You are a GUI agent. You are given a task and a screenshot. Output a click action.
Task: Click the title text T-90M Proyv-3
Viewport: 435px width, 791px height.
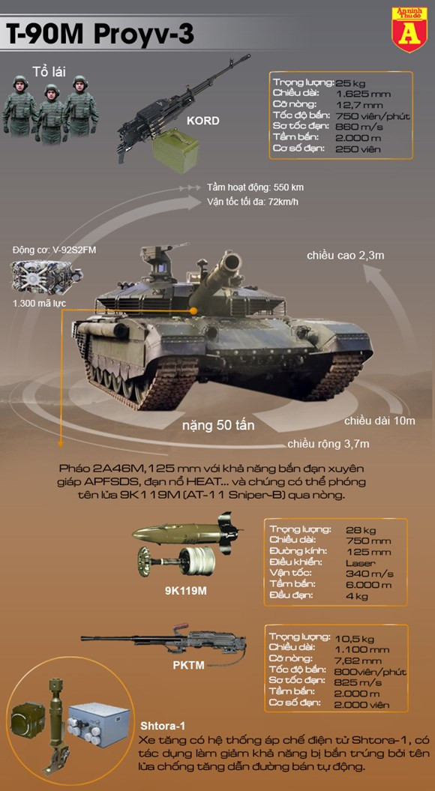click(100, 36)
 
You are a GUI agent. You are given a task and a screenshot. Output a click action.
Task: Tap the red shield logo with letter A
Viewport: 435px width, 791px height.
click(409, 29)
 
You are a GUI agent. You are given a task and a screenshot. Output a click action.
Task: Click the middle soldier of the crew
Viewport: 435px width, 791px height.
click(52, 113)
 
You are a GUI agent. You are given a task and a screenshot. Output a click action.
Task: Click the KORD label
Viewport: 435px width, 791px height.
click(202, 121)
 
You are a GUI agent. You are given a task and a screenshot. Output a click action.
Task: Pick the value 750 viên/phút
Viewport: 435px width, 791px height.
click(373, 116)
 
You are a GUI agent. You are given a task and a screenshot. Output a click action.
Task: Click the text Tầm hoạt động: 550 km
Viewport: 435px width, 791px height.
click(255, 187)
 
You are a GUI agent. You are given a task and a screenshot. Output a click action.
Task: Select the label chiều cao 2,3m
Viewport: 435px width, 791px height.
click(345, 255)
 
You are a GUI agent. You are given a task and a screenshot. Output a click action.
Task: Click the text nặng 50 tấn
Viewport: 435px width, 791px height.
click(218, 425)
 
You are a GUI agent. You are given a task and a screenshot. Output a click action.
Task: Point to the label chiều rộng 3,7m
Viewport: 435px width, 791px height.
click(328, 445)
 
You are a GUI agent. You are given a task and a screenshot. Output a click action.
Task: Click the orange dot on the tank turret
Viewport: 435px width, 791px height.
click(193, 312)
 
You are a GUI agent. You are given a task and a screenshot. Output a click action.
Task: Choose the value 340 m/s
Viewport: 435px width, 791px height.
click(370, 574)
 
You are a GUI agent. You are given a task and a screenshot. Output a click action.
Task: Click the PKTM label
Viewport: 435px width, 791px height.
click(188, 665)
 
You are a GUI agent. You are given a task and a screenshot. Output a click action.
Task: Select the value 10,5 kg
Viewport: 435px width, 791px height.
click(360, 637)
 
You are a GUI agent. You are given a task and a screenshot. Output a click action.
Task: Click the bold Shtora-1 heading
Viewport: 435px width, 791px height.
click(163, 726)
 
